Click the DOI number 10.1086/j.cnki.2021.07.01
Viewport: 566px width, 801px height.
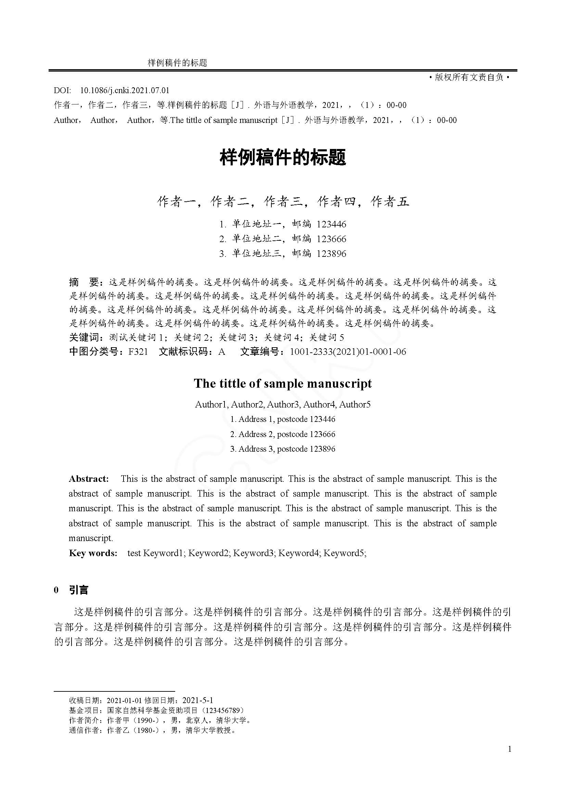coord(125,91)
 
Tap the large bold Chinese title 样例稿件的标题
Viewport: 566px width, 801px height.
coord(283,157)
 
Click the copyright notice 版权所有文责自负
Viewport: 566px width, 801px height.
coord(469,77)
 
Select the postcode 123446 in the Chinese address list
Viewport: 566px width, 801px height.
coord(331,224)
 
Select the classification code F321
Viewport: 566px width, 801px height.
coord(138,352)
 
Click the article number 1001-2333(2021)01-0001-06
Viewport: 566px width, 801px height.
coord(348,352)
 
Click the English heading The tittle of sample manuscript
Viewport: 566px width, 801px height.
coord(283,384)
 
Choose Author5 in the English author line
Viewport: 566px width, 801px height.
coord(355,405)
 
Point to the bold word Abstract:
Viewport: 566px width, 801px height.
coord(89,479)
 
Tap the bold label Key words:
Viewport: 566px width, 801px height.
coord(93,553)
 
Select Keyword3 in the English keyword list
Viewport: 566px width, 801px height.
coord(253,553)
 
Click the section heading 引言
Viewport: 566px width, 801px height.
coord(79,590)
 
